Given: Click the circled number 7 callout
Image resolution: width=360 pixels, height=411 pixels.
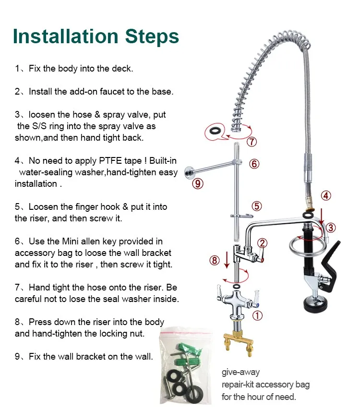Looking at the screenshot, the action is coord(252,142).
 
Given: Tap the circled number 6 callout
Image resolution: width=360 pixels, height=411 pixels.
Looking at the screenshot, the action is coord(254,164).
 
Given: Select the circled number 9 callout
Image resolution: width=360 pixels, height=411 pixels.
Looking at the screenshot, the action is coord(198,183).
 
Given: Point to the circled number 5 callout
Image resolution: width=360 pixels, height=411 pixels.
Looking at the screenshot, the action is coord(257,206).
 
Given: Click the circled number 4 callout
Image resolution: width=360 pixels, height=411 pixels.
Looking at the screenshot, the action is coord(325,195).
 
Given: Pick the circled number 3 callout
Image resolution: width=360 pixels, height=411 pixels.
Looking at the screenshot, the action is coord(331,228).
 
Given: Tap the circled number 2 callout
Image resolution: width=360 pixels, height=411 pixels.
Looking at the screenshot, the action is coord(262,243).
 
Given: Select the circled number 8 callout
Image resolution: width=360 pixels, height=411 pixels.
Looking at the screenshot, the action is coord(215,260).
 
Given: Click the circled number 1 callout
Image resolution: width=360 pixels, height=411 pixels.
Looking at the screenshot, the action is coord(257,315).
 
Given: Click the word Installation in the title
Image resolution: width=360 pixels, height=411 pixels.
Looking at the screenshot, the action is coord(65,36).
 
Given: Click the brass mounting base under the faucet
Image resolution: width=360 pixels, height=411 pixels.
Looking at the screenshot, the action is coord(239,344).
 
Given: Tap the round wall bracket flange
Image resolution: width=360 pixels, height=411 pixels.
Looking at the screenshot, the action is coord(189,172).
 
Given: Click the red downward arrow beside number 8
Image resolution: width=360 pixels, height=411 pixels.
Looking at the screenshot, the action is coord(227,260).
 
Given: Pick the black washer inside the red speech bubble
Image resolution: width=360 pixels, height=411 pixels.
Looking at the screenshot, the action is coord(215,131).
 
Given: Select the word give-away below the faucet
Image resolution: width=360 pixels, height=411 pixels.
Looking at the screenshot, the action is coord(240,372).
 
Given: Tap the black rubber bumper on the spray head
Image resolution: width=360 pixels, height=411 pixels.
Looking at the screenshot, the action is coord(315,306).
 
